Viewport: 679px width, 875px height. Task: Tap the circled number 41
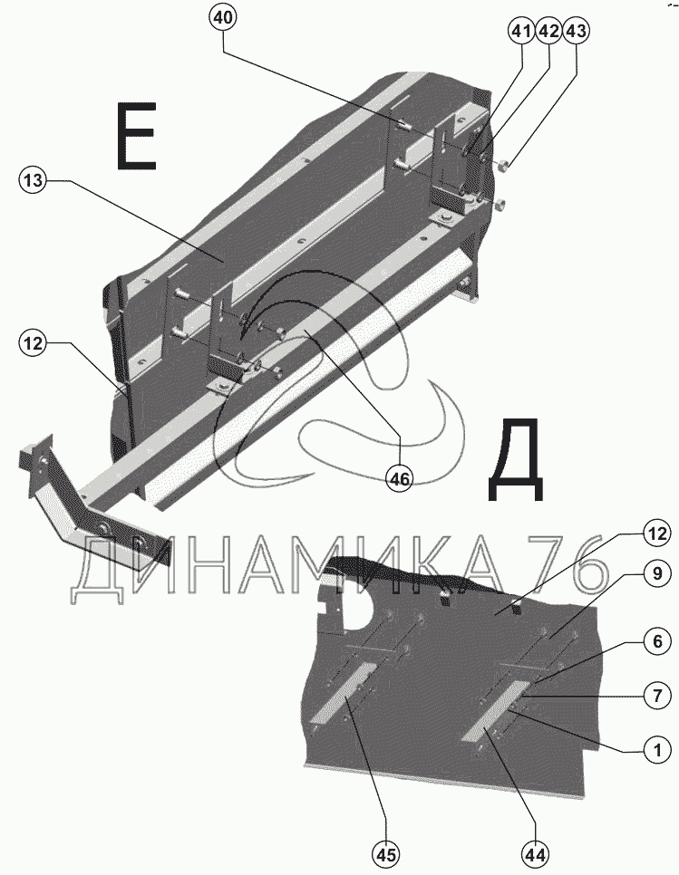(x=520, y=32)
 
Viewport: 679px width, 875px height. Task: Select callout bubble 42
(x=548, y=32)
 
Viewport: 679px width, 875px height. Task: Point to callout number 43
(x=576, y=32)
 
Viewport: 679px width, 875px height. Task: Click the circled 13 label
(x=33, y=181)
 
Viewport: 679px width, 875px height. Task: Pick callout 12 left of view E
(x=33, y=343)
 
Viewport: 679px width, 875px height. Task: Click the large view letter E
(x=136, y=136)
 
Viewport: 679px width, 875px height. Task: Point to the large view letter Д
(x=516, y=463)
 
